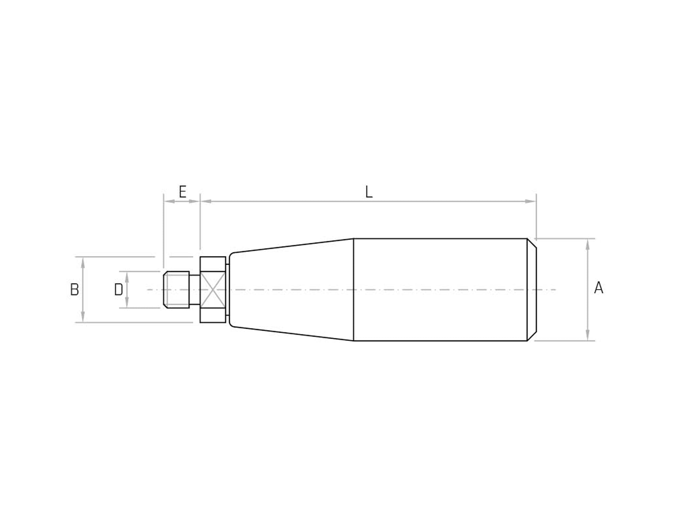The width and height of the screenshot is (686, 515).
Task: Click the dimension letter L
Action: [369, 192]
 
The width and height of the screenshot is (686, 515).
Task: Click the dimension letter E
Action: [183, 192]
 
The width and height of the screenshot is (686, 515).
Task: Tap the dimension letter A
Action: [599, 288]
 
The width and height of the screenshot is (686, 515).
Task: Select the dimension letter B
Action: [75, 290]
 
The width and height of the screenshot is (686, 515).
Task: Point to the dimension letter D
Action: [118, 290]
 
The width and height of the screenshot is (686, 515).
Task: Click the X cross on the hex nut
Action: [213, 290]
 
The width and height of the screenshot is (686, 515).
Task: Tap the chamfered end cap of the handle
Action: [532, 290]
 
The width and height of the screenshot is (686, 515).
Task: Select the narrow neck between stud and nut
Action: [195, 290]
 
